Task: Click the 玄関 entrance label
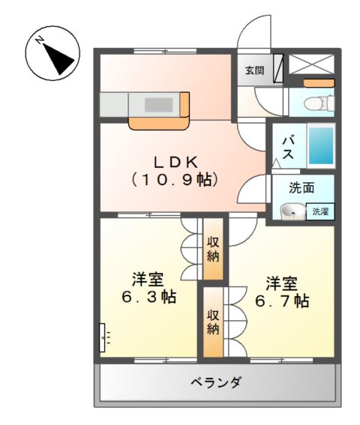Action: tap(254, 71)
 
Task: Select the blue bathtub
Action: tap(321, 146)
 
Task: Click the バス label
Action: tap(288, 148)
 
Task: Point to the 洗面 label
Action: tap(301, 188)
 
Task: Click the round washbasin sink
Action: tap(292, 211)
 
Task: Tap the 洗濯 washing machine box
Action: tap(320, 211)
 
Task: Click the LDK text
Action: tap(175, 163)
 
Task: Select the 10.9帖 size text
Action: tap(175, 179)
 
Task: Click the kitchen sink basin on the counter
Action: tap(159, 105)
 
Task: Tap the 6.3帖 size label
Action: tap(148, 297)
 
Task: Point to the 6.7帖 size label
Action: tap(282, 301)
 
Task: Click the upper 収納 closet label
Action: tap(213, 250)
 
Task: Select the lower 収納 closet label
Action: tap(213, 322)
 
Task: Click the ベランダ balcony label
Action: tap(216, 382)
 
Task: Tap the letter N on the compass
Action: tap(40, 40)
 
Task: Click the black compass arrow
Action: tap(58, 58)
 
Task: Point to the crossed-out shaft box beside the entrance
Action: tap(310, 64)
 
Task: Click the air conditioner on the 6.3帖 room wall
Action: tap(102, 337)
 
